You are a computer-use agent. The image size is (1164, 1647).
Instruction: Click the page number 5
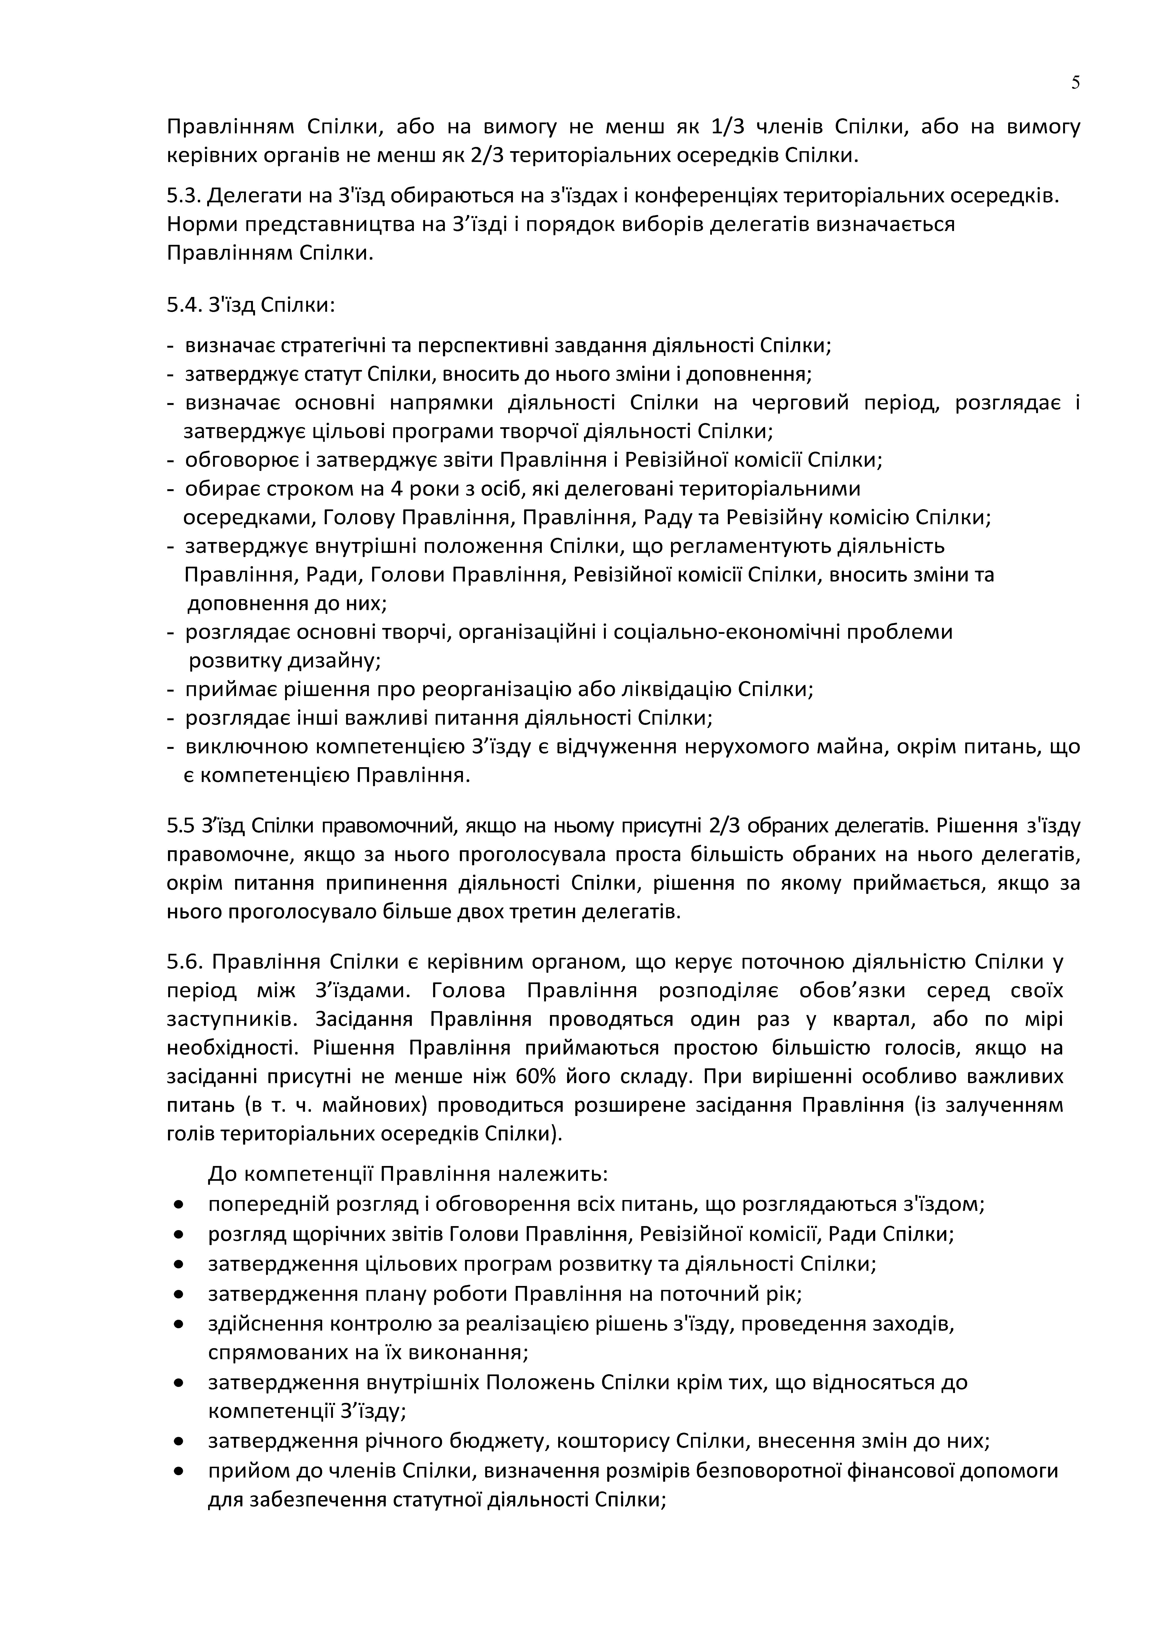coord(1075,83)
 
